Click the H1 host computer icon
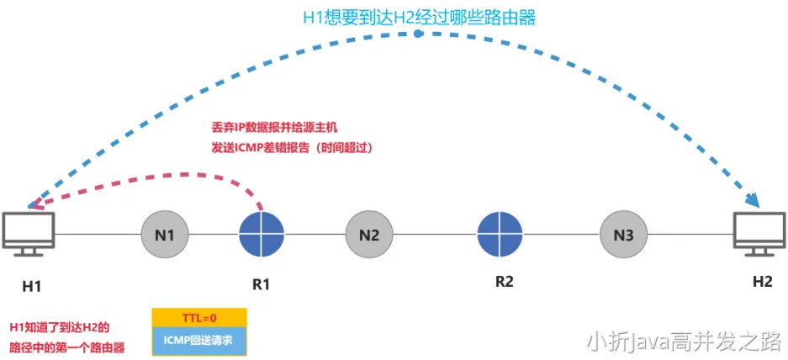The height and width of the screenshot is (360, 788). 29,233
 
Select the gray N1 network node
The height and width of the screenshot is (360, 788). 165,235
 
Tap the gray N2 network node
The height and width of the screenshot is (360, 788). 368,235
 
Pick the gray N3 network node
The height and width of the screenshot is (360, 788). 623,235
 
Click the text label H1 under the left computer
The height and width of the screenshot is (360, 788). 32,286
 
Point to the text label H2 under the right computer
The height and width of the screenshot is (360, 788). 762,282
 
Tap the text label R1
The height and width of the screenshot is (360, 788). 262,284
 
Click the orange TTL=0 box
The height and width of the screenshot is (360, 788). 199,318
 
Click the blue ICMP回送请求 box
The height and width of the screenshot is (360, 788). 199,341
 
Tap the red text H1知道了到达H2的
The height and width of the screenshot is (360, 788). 60,326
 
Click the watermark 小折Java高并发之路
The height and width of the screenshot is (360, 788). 685,341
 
